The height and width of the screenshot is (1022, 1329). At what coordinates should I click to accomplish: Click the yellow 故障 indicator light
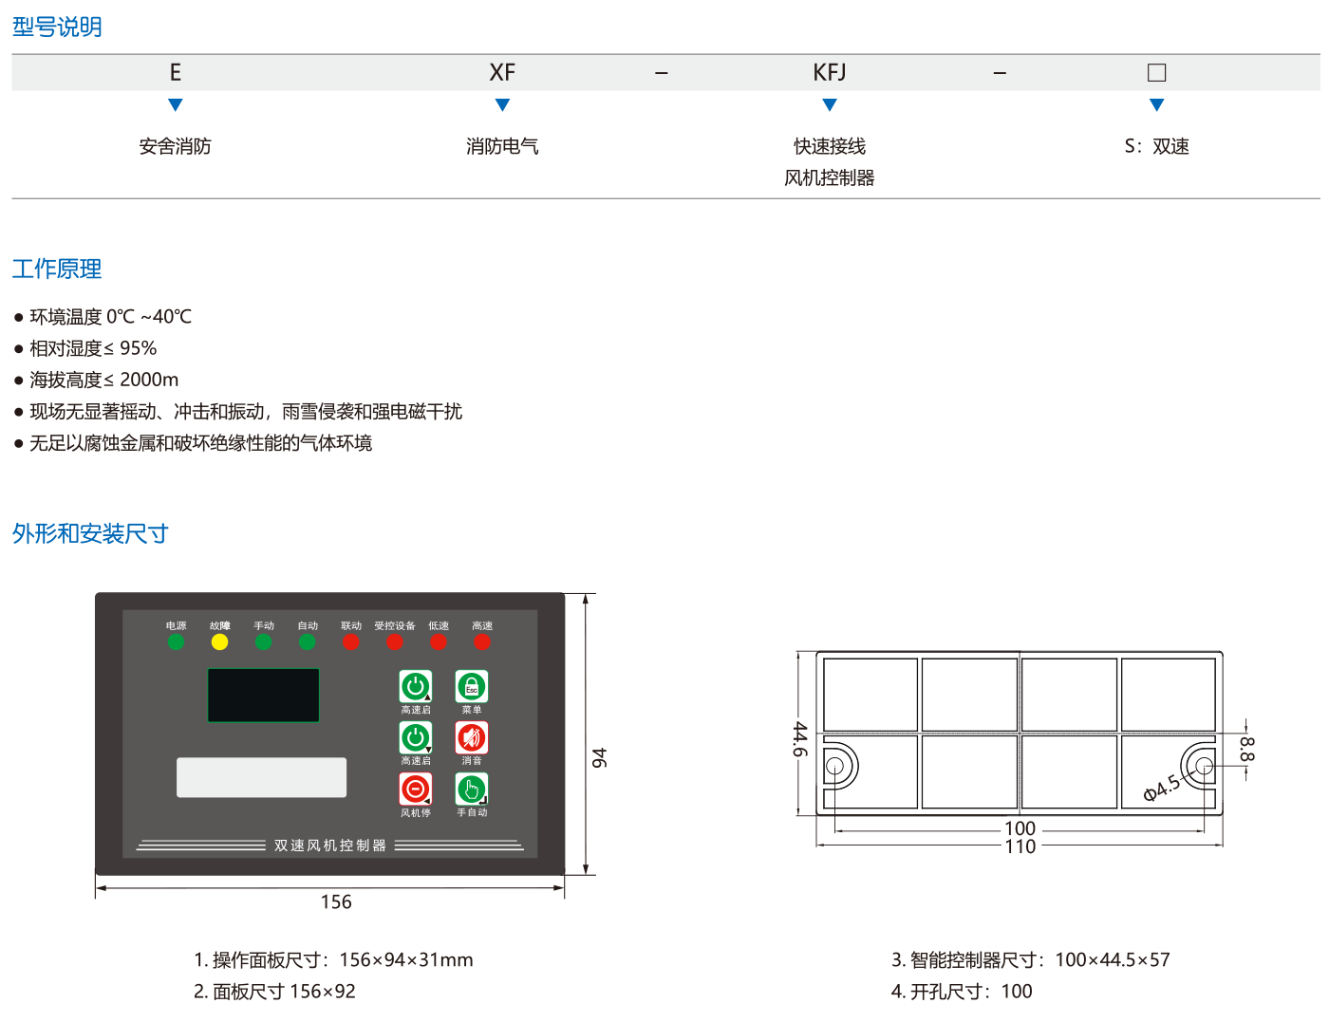coord(219,642)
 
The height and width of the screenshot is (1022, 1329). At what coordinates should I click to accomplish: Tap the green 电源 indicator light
coord(176,642)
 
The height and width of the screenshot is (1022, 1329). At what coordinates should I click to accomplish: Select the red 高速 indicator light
coord(482,642)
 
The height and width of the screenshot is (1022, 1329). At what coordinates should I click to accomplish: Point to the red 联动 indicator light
coord(351,642)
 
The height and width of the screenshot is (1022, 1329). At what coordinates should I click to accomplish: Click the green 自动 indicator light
coord(307,642)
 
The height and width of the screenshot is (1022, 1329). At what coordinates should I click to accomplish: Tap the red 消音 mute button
coord(472,738)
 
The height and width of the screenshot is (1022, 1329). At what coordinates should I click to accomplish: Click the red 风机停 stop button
coord(416,790)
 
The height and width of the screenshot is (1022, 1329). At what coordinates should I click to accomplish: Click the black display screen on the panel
coord(264,696)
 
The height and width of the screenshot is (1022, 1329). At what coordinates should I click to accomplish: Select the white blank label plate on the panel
coord(261,777)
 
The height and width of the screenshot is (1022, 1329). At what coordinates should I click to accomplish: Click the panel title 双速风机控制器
coord(330,845)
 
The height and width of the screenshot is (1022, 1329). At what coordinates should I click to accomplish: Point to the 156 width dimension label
coord(336,902)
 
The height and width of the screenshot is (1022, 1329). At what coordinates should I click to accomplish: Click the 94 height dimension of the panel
coord(600,758)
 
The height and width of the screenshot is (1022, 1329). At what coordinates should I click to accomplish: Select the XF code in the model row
coord(502,73)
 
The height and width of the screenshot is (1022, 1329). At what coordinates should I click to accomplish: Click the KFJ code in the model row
coord(830,73)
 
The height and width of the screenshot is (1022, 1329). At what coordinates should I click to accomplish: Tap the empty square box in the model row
coord(1156,73)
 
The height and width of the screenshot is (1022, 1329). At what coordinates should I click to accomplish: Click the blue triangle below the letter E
coord(175,105)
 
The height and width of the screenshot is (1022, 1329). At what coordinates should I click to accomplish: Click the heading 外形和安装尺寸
coord(90,534)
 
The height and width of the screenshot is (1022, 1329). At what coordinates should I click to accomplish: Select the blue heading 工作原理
coord(57,269)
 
